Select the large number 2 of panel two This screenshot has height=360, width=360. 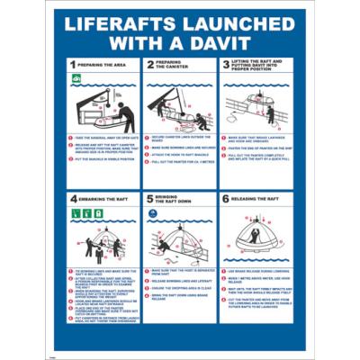[x=149, y=66]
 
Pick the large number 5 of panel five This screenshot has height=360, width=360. [x=149, y=198]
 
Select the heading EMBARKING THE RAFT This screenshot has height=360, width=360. [x=106, y=198]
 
